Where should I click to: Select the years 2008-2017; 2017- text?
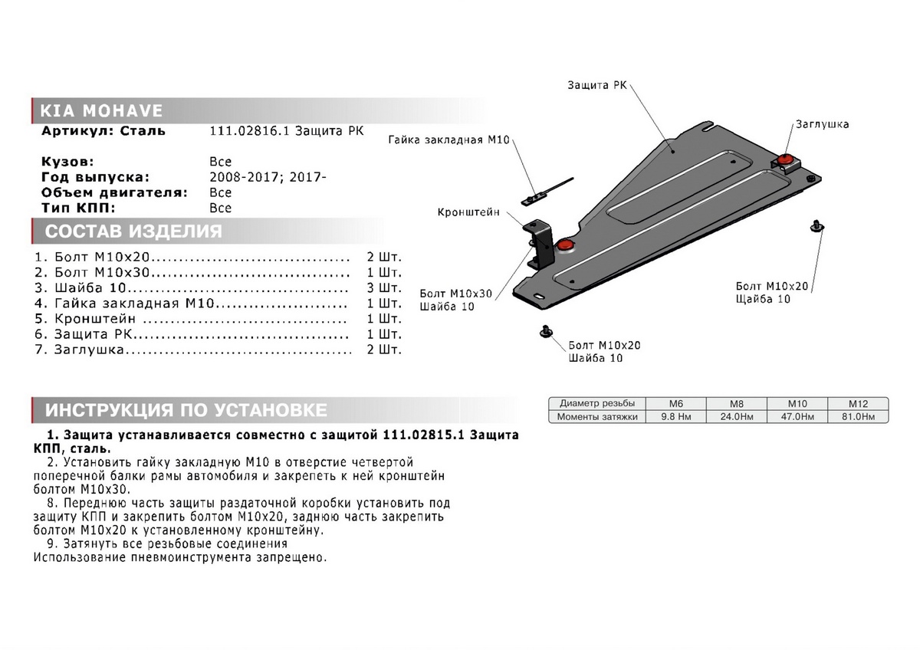(268, 177)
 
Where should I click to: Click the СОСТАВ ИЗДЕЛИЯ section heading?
(133, 231)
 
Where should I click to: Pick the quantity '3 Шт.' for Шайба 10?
(384, 288)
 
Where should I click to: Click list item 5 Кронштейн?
(95, 319)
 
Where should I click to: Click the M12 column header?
(857, 403)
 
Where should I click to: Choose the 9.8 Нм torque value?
(676, 417)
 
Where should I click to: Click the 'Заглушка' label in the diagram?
(822, 124)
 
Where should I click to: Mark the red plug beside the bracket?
(566, 245)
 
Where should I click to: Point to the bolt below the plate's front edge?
(546, 330)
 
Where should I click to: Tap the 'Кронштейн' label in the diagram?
(468, 212)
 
